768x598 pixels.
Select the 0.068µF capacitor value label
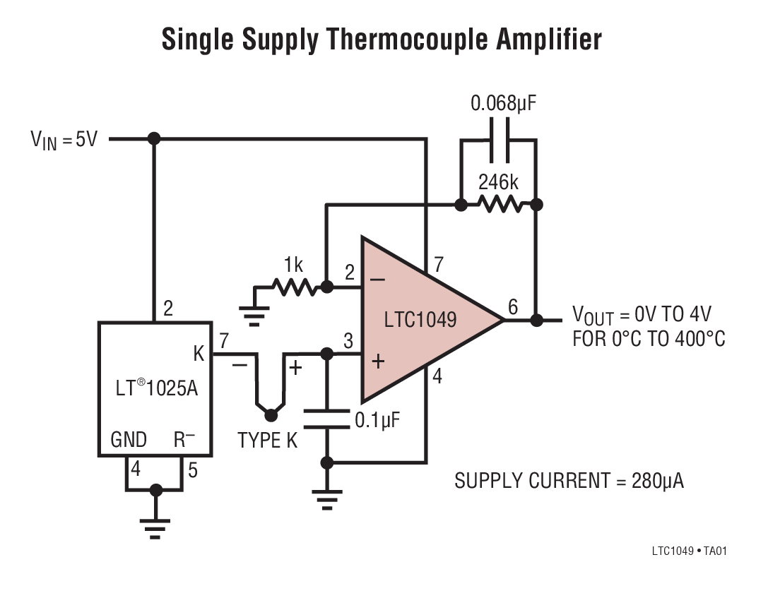point(503,104)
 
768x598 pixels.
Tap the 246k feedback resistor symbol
point(498,205)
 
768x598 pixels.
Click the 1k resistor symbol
point(293,287)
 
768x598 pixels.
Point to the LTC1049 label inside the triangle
point(420,320)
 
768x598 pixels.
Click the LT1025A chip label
point(156,388)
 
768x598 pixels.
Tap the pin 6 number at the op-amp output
point(513,307)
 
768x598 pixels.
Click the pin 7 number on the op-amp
point(438,265)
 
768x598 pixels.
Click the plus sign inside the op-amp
point(378,361)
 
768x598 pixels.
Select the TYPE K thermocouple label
point(268,441)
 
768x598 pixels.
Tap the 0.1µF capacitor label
point(377,421)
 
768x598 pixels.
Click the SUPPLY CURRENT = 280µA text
point(569,482)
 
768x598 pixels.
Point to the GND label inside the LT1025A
point(129,441)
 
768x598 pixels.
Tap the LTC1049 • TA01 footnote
point(688,551)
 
